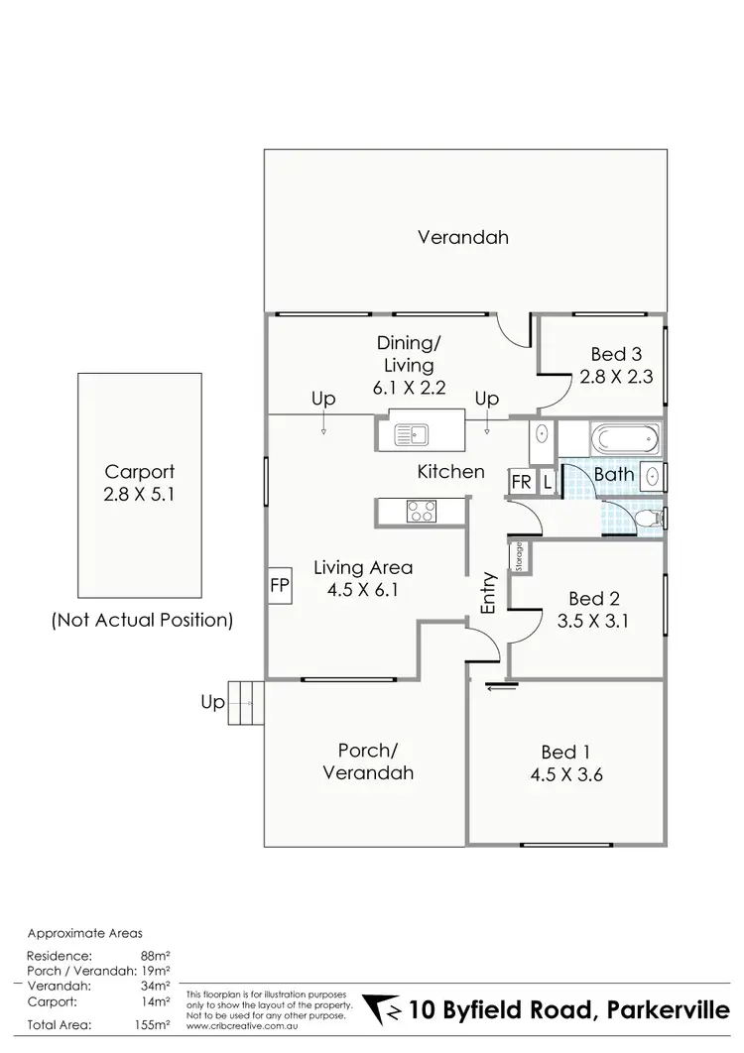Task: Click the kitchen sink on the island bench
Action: point(409,432)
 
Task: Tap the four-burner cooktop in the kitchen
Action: point(422,512)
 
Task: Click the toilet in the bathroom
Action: point(645,518)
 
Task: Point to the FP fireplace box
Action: point(279,586)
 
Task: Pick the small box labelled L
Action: point(548,482)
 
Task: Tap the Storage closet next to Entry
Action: point(519,557)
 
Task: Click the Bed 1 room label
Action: point(569,752)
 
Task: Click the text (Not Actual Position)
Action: point(142,622)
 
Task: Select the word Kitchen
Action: point(451,472)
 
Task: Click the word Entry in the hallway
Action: point(488,593)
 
